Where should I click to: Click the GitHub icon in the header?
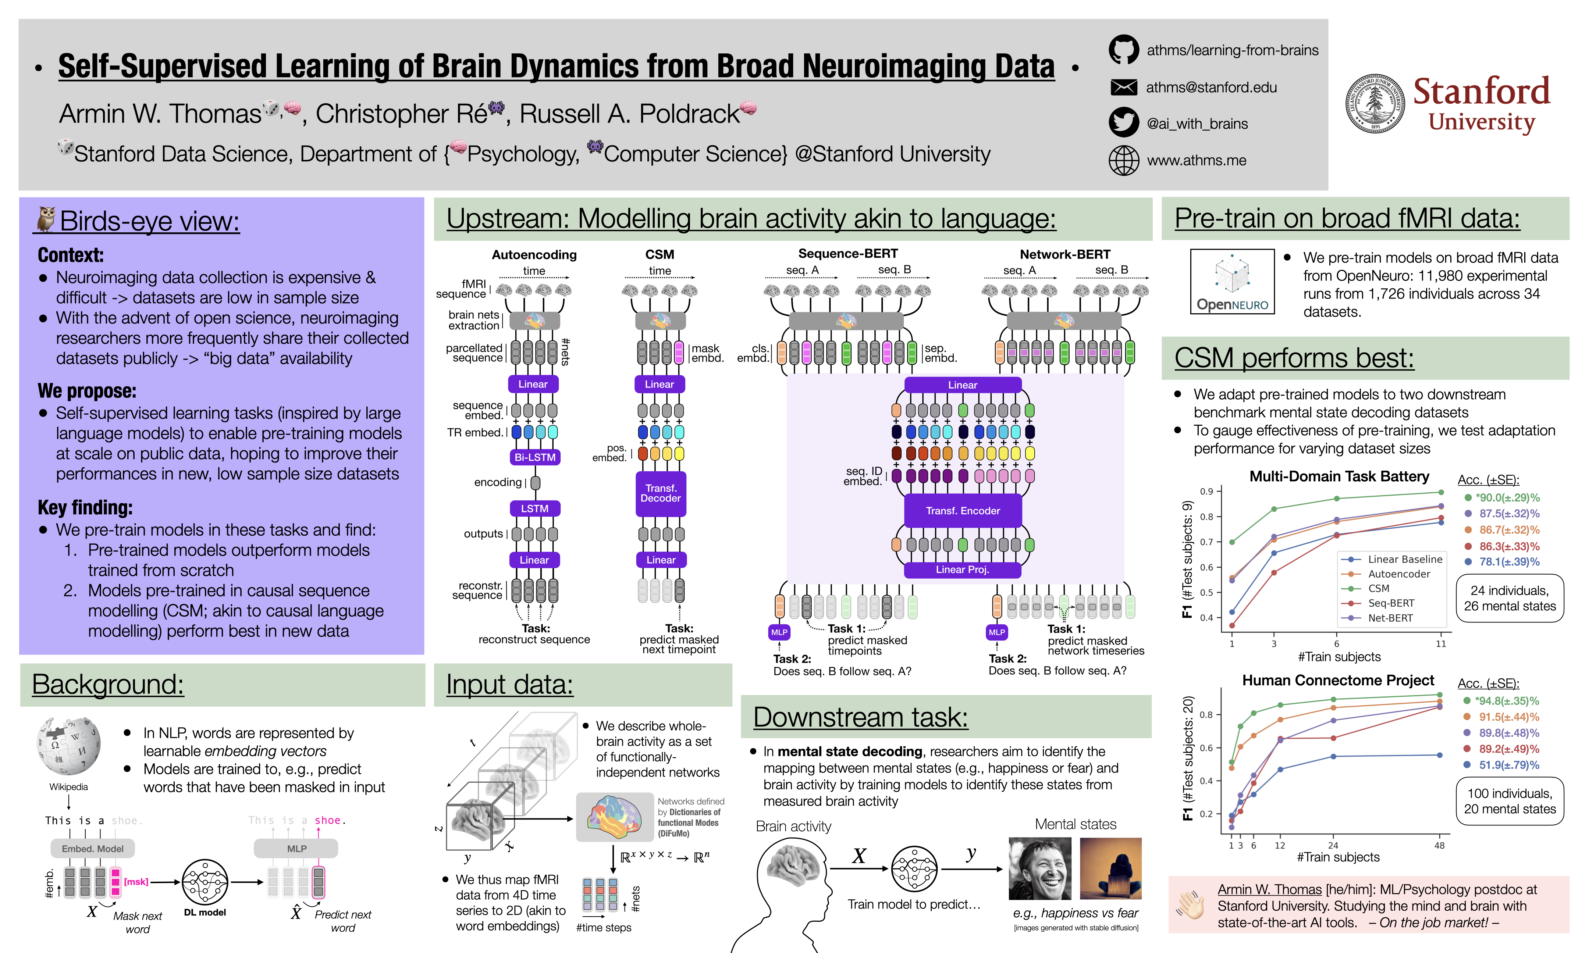pyautogui.click(x=1123, y=49)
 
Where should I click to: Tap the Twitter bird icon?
pyautogui.click(x=1123, y=123)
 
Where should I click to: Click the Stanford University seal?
pyautogui.click(x=1375, y=103)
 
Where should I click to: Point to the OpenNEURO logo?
pyautogui.click(x=1232, y=281)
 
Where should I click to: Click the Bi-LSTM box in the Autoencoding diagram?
pyautogui.click(x=534, y=457)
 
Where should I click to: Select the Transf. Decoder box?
pyautogui.click(x=660, y=493)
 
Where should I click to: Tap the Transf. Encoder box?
pyautogui.click(x=962, y=511)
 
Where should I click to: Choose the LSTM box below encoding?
pyautogui.click(x=534, y=508)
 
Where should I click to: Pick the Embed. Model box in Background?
pyautogui.click(x=92, y=848)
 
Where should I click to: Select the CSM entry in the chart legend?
pyautogui.click(x=1378, y=588)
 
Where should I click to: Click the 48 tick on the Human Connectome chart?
pyautogui.click(x=1439, y=846)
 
